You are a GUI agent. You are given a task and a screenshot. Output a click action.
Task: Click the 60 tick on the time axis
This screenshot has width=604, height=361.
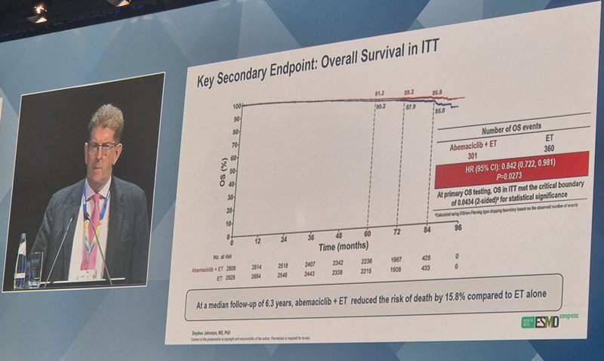point(368,233)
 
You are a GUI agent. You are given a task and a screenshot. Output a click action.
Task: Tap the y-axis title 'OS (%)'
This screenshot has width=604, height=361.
point(223,170)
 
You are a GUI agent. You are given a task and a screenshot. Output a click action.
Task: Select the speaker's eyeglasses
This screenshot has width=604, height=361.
point(102,147)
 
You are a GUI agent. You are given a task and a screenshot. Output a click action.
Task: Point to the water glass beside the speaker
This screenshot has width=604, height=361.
point(35,268)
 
